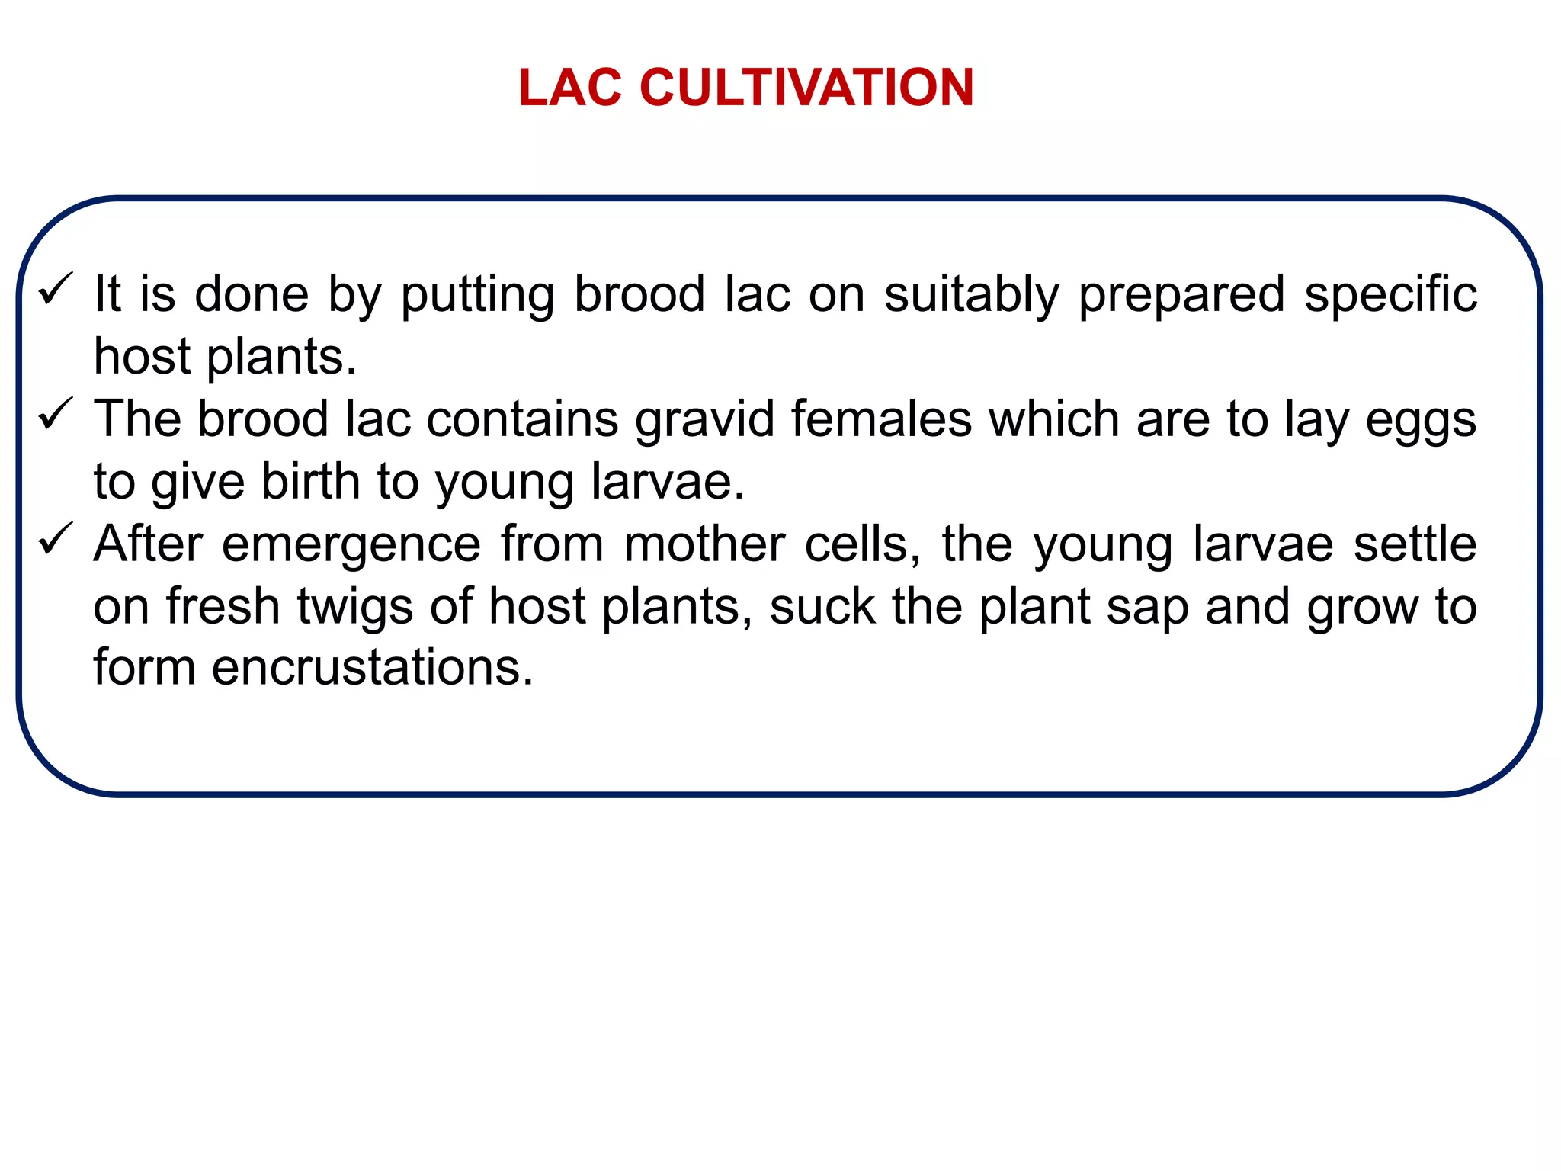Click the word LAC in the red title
pos(570,88)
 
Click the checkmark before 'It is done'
pos(56,290)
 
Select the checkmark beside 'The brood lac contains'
pos(56,415)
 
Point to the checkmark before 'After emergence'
pos(56,541)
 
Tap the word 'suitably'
pos(971,296)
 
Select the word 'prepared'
pos(1181,296)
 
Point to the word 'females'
pos(882,419)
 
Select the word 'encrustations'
pos(373,668)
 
